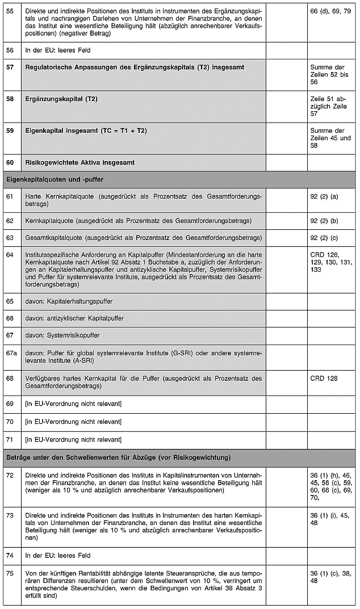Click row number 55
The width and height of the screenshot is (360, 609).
pos(10,11)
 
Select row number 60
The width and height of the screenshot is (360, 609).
pos(10,163)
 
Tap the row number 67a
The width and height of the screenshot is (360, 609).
pos(11,353)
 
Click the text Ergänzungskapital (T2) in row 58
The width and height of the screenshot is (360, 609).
pos(61,99)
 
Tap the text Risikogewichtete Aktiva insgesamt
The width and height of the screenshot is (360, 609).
pos(80,163)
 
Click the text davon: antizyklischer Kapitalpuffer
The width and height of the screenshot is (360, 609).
pos(74,318)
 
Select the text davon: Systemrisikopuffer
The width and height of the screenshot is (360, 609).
pos(62,335)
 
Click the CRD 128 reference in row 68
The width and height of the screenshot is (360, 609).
pos(324,377)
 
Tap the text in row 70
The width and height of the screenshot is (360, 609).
pos(73,422)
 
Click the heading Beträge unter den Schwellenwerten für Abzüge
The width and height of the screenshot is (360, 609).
pos(118,457)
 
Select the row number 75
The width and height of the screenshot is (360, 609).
pos(10,573)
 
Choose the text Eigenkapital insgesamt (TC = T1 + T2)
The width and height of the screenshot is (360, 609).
pos(86,131)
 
